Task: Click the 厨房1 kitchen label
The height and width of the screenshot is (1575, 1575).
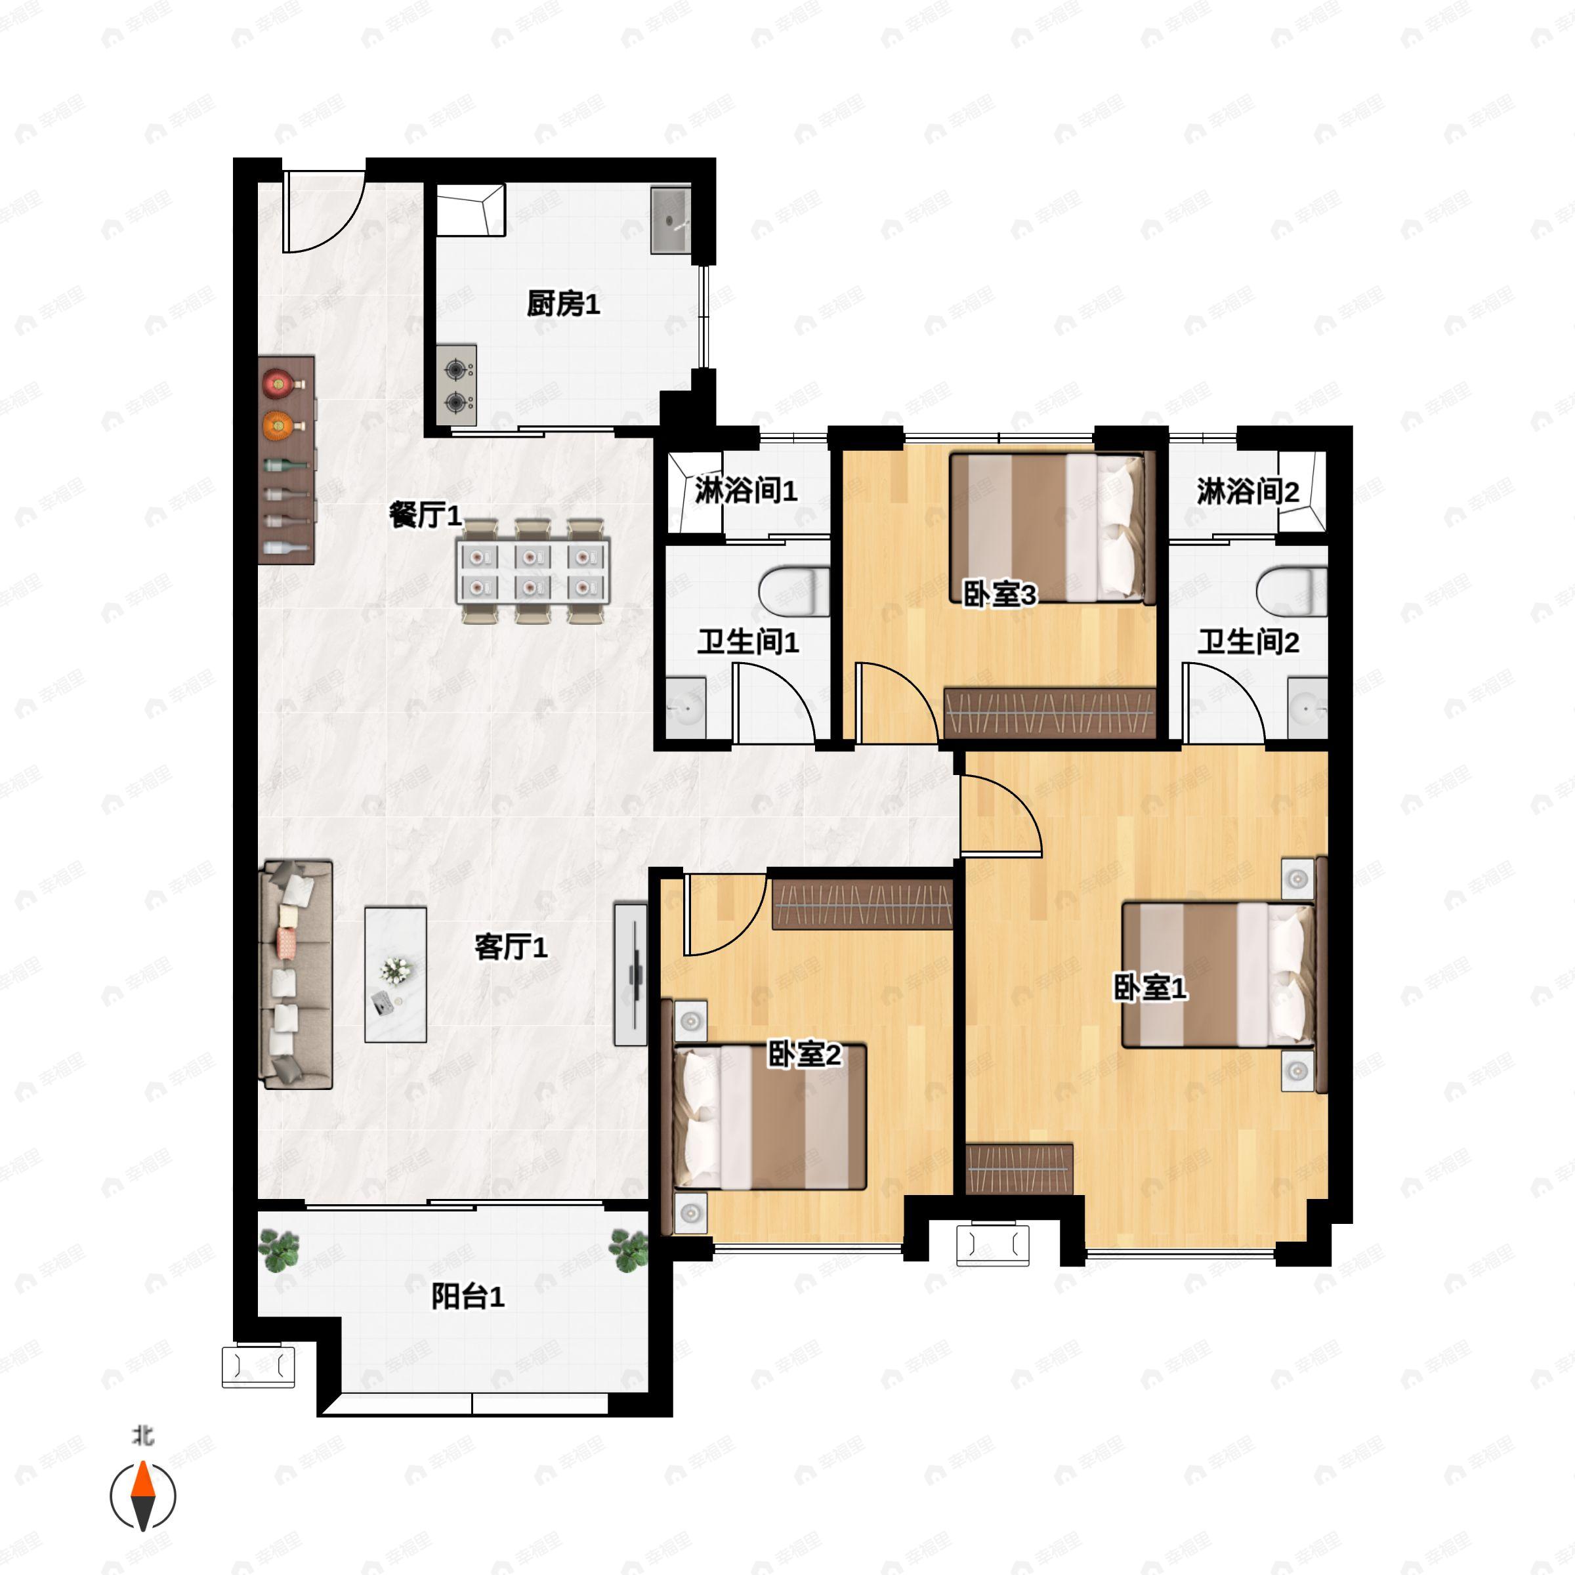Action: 562,304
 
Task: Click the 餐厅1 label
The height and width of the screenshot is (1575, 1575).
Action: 425,515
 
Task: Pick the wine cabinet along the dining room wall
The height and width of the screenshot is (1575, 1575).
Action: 286,460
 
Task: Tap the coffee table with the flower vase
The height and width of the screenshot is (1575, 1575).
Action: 395,974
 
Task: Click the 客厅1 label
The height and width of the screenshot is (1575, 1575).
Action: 511,946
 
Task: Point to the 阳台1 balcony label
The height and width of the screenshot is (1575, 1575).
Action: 467,1296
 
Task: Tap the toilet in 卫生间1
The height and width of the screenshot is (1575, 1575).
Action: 791,592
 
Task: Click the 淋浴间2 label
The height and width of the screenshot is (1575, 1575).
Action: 1248,492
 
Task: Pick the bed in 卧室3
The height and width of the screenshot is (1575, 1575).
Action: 1051,528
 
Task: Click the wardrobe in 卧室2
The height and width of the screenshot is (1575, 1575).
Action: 862,905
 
